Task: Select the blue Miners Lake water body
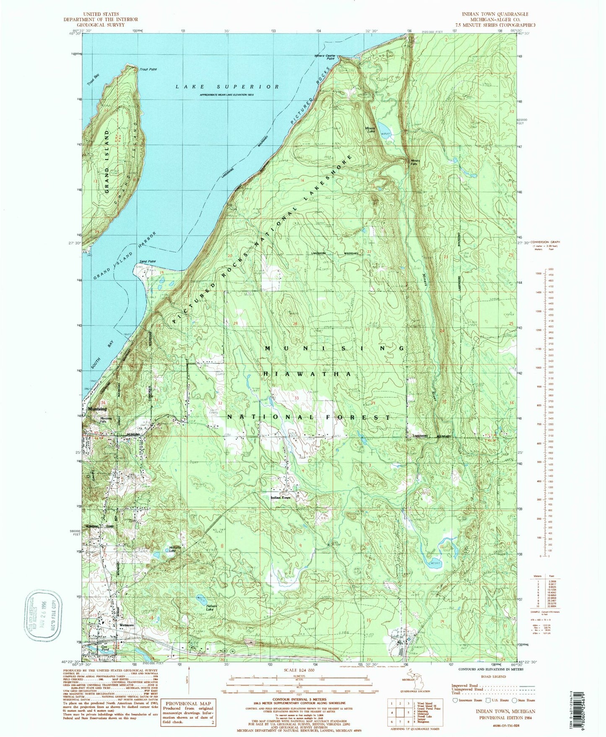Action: [x=383, y=127]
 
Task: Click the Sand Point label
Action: [x=148, y=261]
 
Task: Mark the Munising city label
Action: [x=97, y=409]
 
